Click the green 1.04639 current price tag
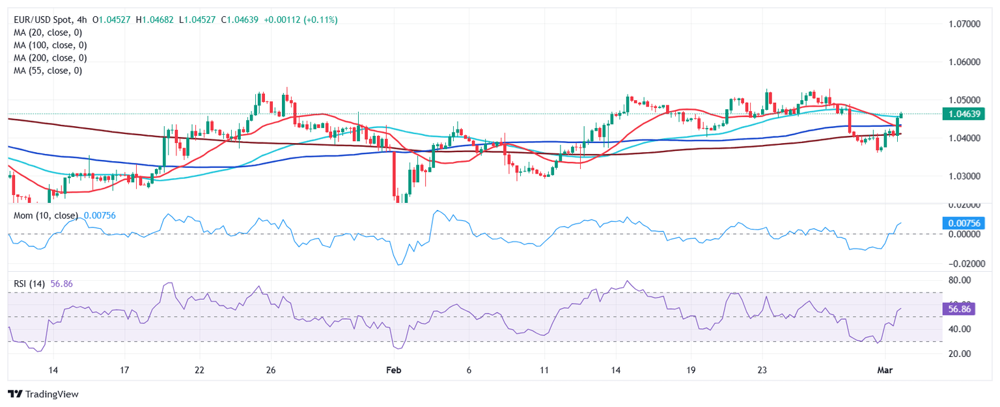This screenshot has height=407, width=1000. click(966, 114)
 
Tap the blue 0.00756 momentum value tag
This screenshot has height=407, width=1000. click(966, 222)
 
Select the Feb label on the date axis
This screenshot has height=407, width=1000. click(393, 370)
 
